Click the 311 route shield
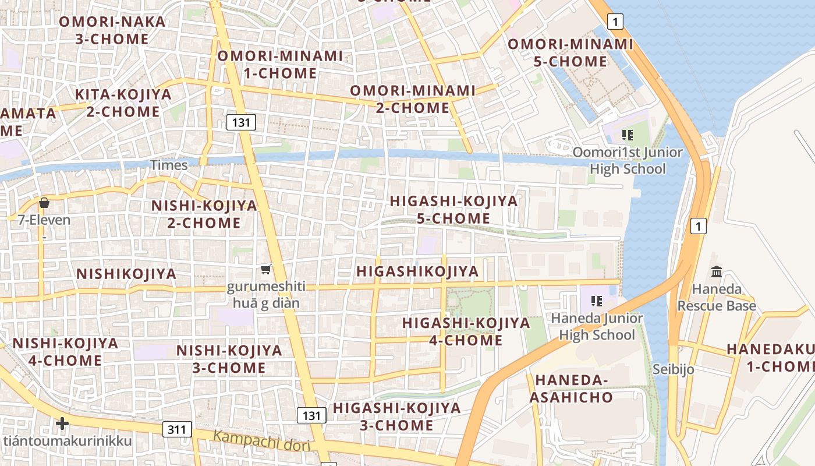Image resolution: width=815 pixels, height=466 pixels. (177, 430)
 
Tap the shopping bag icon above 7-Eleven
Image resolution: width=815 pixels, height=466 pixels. (44, 203)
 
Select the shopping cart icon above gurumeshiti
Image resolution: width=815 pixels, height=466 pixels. (266, 269)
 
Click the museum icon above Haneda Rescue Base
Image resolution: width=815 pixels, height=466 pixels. (717, 272)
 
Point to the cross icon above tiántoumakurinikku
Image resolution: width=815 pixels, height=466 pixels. (62, 423)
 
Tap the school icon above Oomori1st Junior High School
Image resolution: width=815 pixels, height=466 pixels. (627, 136)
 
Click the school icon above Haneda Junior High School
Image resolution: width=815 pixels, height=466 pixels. (596, 301)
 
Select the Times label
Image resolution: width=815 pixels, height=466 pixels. (169, 165)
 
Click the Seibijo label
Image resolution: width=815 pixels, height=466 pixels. (673, 369)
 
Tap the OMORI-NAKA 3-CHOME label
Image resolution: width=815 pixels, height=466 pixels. (112, 30)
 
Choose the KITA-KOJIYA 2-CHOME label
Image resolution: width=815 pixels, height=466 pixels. (123, 103)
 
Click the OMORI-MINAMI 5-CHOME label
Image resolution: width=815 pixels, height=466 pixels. (570, 52)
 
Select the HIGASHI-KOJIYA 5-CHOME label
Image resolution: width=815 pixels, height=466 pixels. (453, 210)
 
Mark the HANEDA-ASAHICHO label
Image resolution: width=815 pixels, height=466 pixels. (574, 389)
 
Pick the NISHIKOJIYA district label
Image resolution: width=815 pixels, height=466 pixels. (126, 274)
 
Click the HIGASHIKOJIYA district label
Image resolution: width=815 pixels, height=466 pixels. (417, 271)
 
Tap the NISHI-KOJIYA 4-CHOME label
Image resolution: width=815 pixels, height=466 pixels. (65, 351)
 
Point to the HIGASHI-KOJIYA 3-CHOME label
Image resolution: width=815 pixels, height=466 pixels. (396, 416)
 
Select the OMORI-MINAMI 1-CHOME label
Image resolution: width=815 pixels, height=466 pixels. (280, 65)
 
